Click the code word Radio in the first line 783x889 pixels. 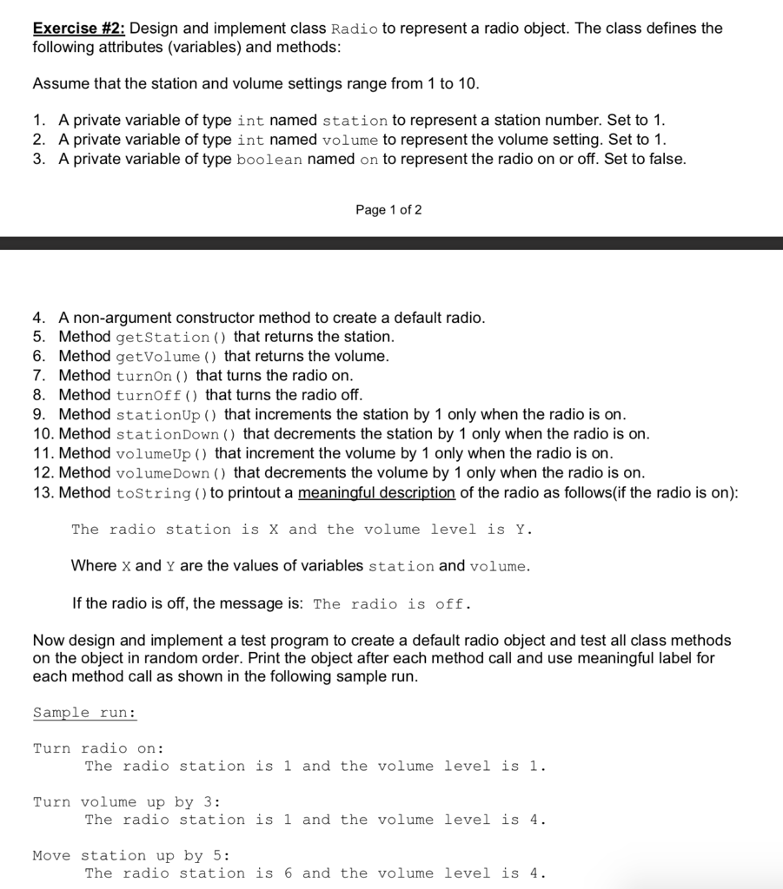click(x=355, y=29)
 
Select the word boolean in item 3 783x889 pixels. click(x=269, y=160)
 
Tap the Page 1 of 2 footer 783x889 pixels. click(x=388, y=210)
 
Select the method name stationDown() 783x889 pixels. click(x=176, y=434)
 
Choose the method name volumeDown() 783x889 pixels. click(x=172, y=473)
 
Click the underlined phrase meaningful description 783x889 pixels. click(x=376, y=493)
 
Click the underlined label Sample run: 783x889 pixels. click(x=84, y=713)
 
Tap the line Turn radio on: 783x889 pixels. click(x=98, y=748)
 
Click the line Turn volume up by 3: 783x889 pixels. click(x=126, y=802)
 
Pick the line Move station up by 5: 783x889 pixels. click(x=130, y=856)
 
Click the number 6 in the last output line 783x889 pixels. click(x=289, y=873)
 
